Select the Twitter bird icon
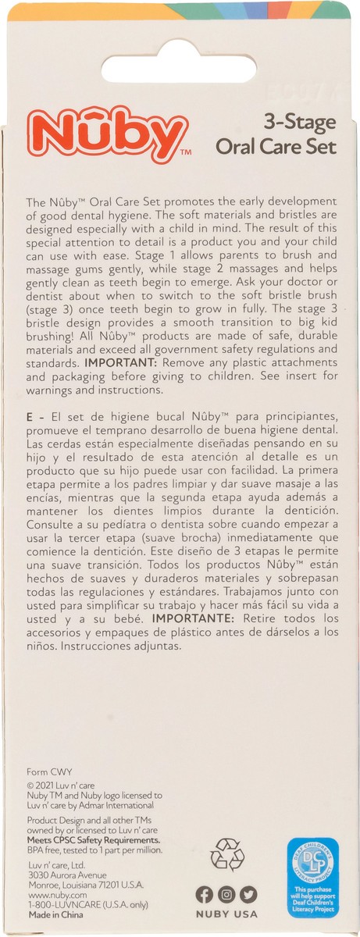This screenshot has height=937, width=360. coord(248,895)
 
